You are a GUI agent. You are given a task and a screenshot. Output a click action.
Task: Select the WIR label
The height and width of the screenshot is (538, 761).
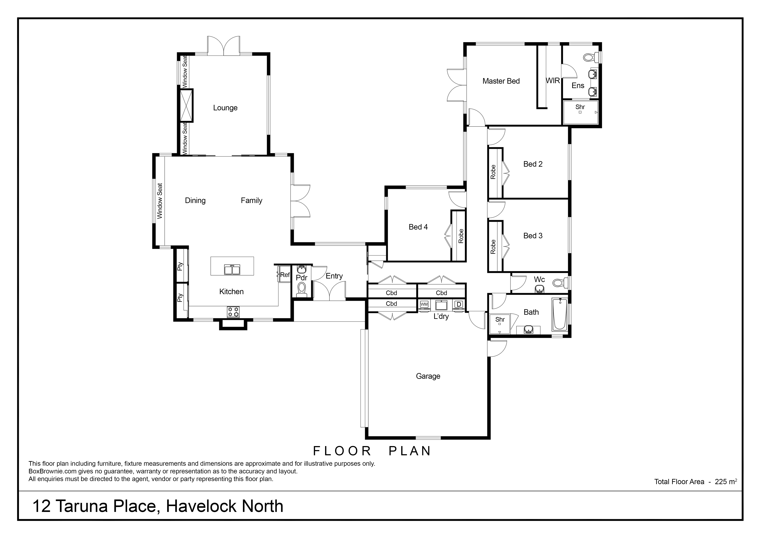click(x=553, y=81)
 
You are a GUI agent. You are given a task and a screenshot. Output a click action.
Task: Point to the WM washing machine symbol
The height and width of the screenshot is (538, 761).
click(x=424, y=304)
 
